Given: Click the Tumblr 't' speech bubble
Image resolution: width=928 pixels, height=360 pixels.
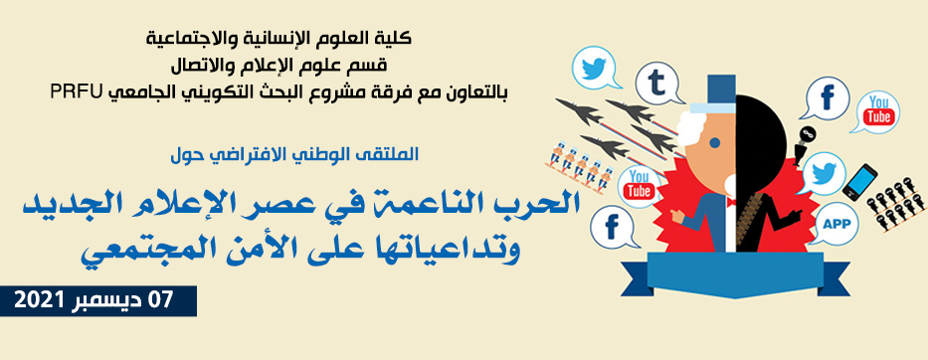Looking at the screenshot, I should (658, 82).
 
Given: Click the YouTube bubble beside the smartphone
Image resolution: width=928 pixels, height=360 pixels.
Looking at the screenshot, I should (879, 111).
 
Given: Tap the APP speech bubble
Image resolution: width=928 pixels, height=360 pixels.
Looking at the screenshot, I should (833, 224).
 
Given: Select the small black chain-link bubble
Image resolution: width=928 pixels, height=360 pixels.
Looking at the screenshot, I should (807, 133).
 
